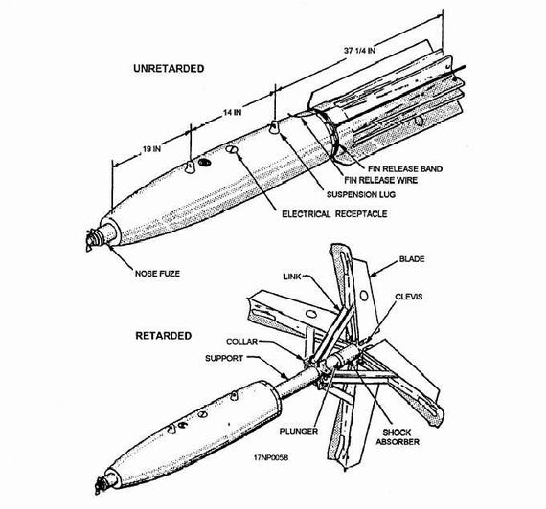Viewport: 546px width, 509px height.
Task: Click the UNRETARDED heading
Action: [x=169, y=68]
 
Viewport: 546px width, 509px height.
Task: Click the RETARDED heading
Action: [x=163, y=336]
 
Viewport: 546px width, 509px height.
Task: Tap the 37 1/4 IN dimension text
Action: [x=360, y=50]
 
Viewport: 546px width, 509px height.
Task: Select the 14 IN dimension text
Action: [x=232, y=112]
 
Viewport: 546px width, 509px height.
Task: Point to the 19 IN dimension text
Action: [x=151, y=149]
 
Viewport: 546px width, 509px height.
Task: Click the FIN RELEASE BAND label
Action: [x=405, y=169]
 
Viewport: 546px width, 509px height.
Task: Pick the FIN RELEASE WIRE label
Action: [x=380, y=180]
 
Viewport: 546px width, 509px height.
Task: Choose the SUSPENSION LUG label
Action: [x=361, y=194]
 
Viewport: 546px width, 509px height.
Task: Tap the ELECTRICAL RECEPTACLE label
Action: [x=334, y=214]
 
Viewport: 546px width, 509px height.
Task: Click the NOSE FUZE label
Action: [x=157, y=274]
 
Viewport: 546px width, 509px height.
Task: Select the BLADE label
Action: [x=412, y=259]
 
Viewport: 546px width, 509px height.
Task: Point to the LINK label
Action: [x=292, y=277]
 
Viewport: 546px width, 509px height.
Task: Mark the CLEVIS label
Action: [x=409, y=297]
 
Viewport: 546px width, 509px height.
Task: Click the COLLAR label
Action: [x=242, y=342]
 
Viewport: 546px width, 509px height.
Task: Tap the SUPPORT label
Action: [x=224, y=358]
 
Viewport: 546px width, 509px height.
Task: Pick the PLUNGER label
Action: [x=299, y=432]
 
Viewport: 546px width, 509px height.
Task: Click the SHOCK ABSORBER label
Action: [x=398, y=437]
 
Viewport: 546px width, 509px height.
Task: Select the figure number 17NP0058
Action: [x=271, y=457]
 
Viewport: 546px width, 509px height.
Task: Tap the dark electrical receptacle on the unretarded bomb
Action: [x=205, y=162]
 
